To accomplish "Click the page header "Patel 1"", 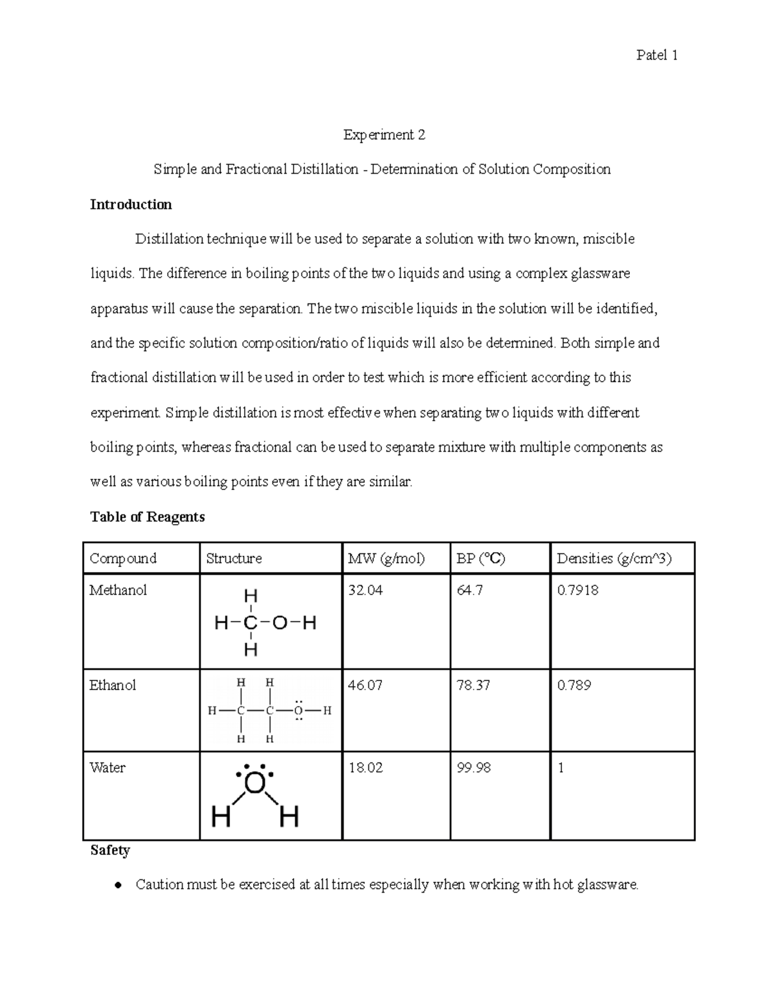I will tap(657, 55).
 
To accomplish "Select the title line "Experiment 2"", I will tap(384, 135).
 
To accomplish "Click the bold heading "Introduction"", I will tap(131, 205).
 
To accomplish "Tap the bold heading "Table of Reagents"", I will tap(147, 517).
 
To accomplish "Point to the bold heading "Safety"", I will tap(110, 850).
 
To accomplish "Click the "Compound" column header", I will tap(123, 559).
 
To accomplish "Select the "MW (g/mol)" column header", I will tap(386, 559).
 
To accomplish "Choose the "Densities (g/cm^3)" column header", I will tap(614, 559).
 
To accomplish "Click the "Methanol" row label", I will tap(118, 590).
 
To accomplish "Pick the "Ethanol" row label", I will tap(113, 686).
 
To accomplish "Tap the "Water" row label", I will tap(108, 768).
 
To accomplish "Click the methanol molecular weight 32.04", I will tap(365, 590).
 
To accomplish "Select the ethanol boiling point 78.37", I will tap(473, 686).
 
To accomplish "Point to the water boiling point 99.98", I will tap(474, 768).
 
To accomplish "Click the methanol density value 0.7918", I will tap(578, 590).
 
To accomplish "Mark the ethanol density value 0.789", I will tap(574, 686).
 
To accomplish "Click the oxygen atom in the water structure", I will tap(254, 783).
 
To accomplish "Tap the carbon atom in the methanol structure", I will tap(251, 623).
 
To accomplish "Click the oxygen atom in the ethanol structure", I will tap(299, 711).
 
